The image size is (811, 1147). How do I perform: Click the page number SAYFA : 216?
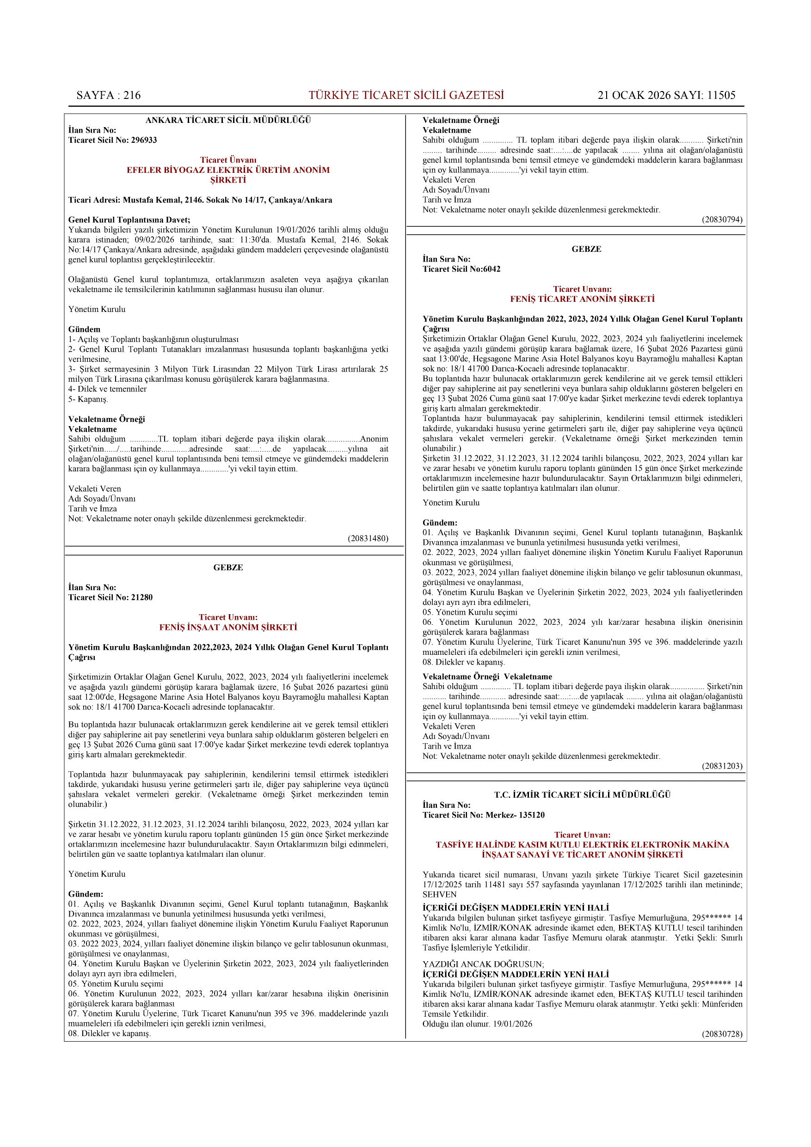tap(109, 95)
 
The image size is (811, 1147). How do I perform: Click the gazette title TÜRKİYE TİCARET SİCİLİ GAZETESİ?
tap(406, 95)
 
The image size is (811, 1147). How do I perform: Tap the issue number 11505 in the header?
tap(721, 95)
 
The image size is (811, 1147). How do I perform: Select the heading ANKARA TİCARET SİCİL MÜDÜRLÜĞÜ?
tap(228, 121)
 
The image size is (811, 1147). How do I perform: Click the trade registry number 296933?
tap(144, 140)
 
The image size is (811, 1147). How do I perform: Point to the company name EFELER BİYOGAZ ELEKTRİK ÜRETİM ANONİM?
tap(228, 171)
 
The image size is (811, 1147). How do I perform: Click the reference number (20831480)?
tap(368, 538)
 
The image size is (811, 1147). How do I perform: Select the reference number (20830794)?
tap(722, 220)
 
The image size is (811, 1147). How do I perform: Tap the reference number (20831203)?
tap(722, 766)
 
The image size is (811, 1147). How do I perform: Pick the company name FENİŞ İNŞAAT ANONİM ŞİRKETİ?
tap(228, 628)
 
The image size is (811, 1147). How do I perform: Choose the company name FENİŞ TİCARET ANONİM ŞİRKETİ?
tap(582, 299)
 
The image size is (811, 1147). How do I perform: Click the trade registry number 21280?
tap(142, 598)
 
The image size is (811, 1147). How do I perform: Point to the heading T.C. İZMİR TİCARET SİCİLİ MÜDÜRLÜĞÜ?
tap(582, 795)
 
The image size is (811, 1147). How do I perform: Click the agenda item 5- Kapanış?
tap(88, 399)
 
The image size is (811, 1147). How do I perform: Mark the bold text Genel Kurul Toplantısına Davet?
tap(129, 220)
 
